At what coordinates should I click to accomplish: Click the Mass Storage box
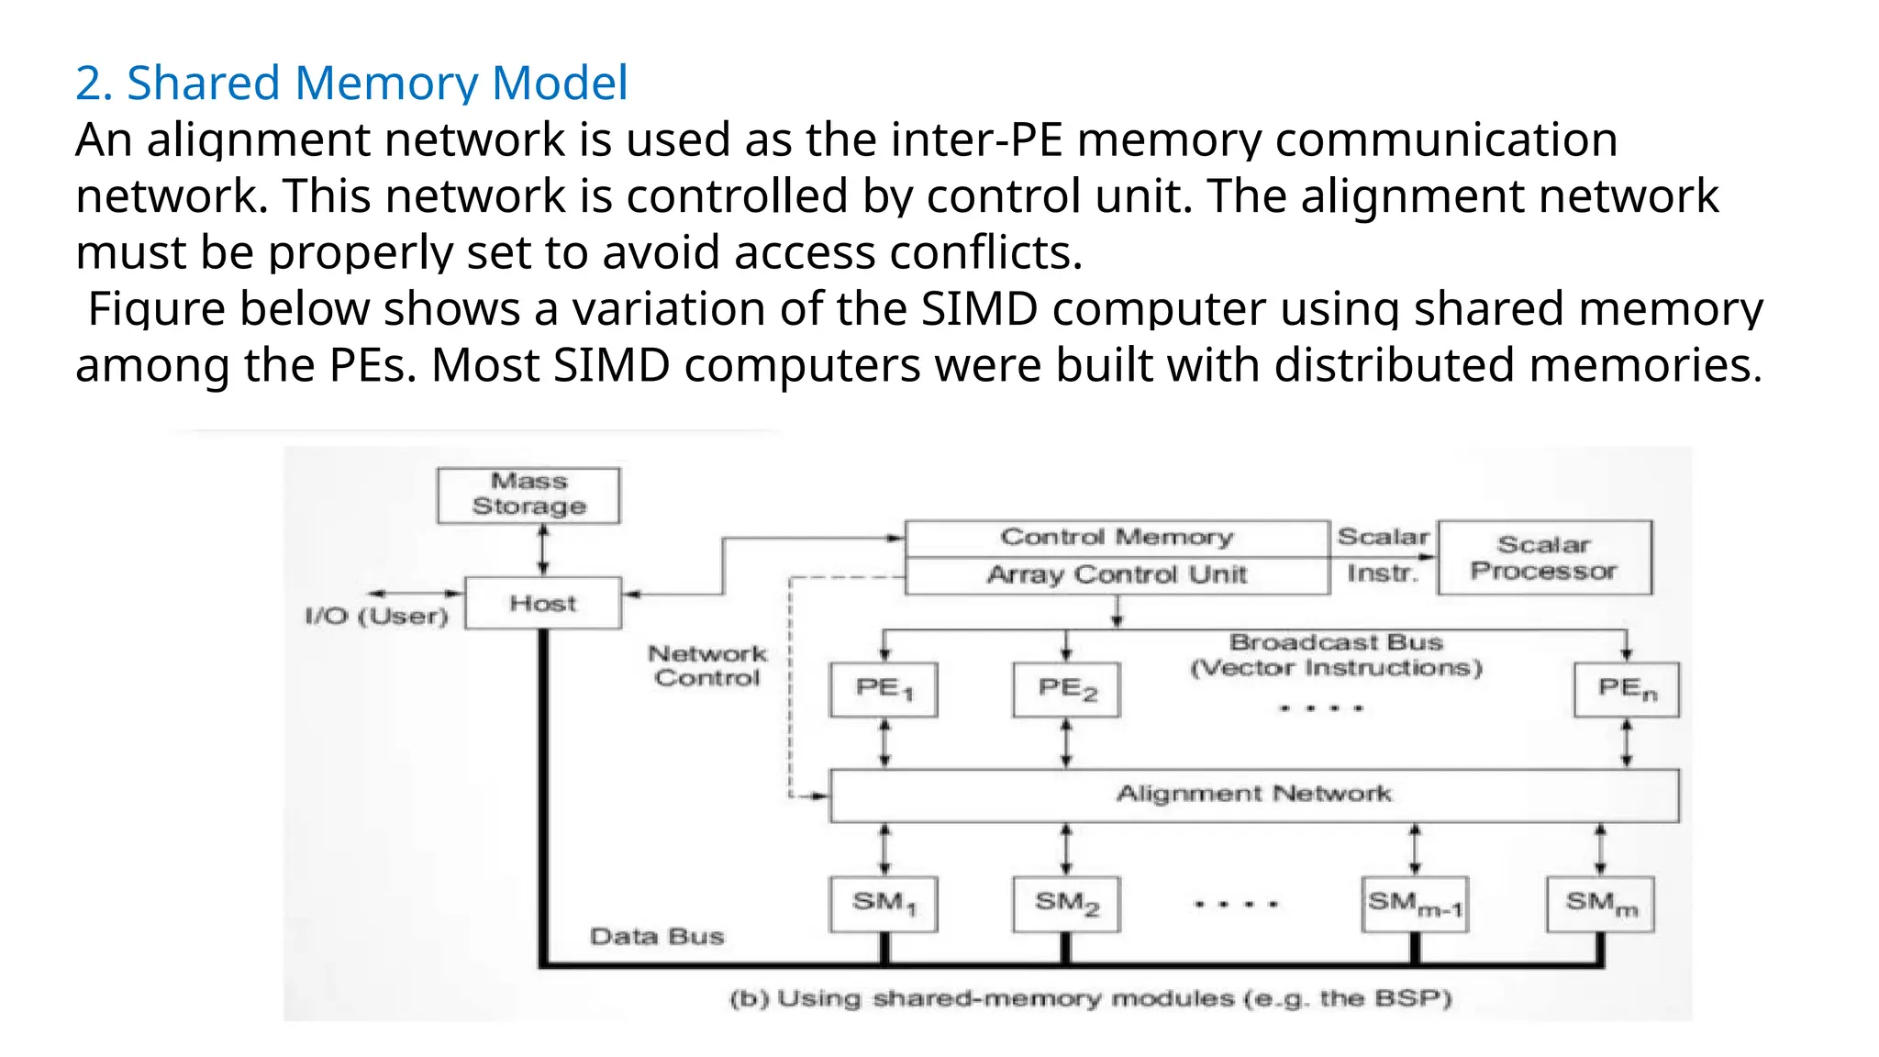[528, 495]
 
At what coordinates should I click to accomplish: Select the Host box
[542, 603]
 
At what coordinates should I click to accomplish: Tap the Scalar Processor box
[1544, 558]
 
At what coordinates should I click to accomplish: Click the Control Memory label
[1117, 537]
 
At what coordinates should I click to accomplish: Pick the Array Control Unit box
[1117, 575]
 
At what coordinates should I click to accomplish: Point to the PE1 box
[884, 689]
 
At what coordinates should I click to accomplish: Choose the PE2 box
[1066, 689]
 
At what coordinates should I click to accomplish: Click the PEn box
[1627, 689]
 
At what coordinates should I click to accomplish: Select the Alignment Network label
[1253, 794]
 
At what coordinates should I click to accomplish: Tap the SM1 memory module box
[884, 904]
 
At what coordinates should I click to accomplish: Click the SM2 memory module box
[1066, 904]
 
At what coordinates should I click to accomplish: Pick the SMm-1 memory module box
[1415, 904]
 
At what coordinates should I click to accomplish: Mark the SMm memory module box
[1600, 904]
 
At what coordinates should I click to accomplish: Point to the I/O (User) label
[376, 616]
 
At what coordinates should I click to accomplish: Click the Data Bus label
[657, 937]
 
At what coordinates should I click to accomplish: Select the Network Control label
[706, 666]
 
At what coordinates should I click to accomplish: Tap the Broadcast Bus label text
[1336, 642]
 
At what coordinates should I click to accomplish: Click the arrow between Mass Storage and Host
[543, 551]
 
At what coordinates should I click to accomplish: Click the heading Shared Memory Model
[351, 83]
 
